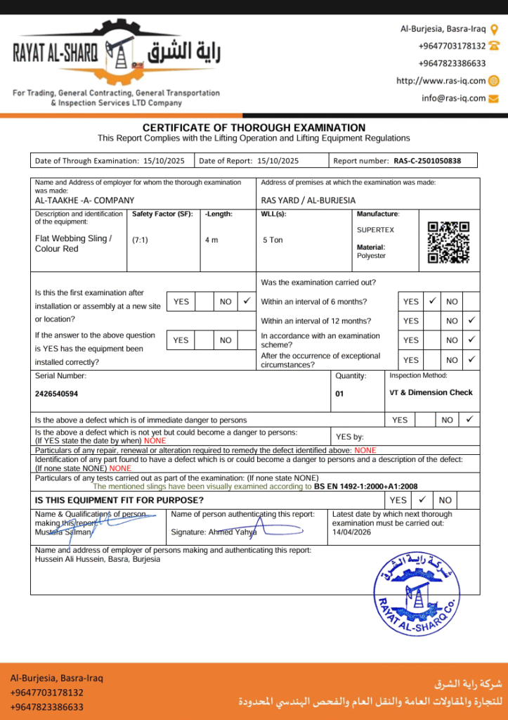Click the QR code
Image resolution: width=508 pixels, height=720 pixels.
pos(448,242)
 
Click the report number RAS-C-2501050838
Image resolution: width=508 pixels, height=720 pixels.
pos(427,161)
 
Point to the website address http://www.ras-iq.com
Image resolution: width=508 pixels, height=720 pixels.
pos(441,81)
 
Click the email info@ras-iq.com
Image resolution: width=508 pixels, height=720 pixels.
pos(454,98)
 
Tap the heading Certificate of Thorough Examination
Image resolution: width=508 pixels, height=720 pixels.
pos(254,127)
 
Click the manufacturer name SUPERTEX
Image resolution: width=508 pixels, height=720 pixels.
pos(376,230)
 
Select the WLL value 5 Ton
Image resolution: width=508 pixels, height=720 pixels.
pos(273,240)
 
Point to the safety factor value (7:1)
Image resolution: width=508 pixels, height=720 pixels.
pos(140,240)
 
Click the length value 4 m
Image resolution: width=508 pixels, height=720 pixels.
pos(211,240)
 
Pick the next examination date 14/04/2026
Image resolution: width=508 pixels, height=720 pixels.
pos(352,532)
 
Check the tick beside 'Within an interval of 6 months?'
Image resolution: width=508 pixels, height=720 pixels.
pos(433,301)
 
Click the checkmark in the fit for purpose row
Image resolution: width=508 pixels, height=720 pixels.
pos(421,500)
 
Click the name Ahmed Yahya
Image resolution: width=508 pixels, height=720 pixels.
pos(233,532)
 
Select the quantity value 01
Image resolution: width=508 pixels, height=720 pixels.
pos(339,394)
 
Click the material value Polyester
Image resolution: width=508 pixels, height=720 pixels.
pos(371,256)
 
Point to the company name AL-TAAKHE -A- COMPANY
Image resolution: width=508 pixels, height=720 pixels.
pos(84,200)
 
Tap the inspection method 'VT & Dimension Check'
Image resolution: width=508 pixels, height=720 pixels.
pos(431,392)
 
